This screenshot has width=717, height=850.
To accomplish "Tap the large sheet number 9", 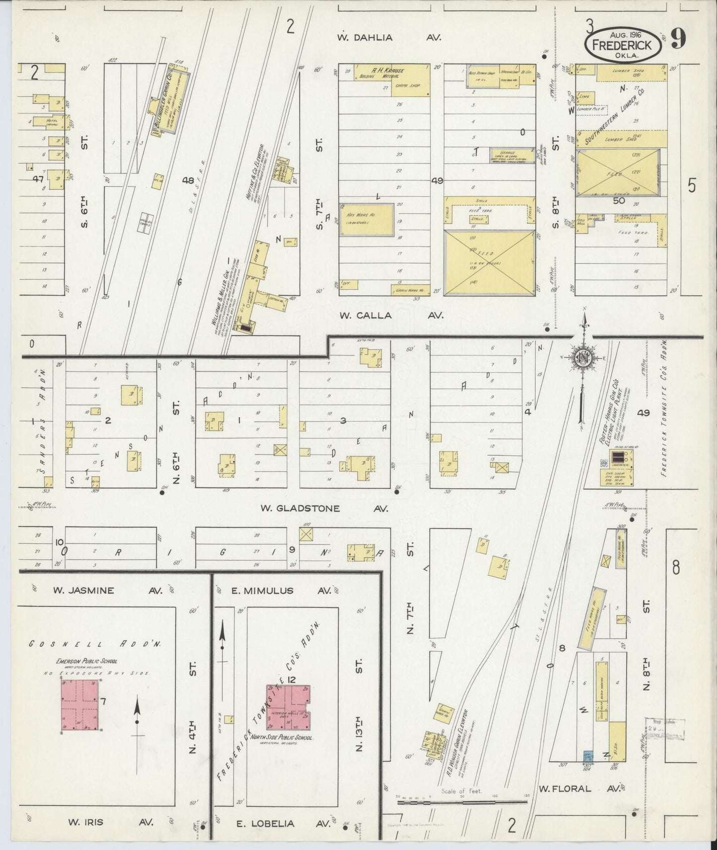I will (x=678, y=39).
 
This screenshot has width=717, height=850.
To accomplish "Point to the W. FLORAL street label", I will (x=565, y=788).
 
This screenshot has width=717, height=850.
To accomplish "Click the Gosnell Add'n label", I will (x=89, y=644).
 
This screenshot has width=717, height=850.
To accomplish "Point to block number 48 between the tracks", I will (x=188, y=181).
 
